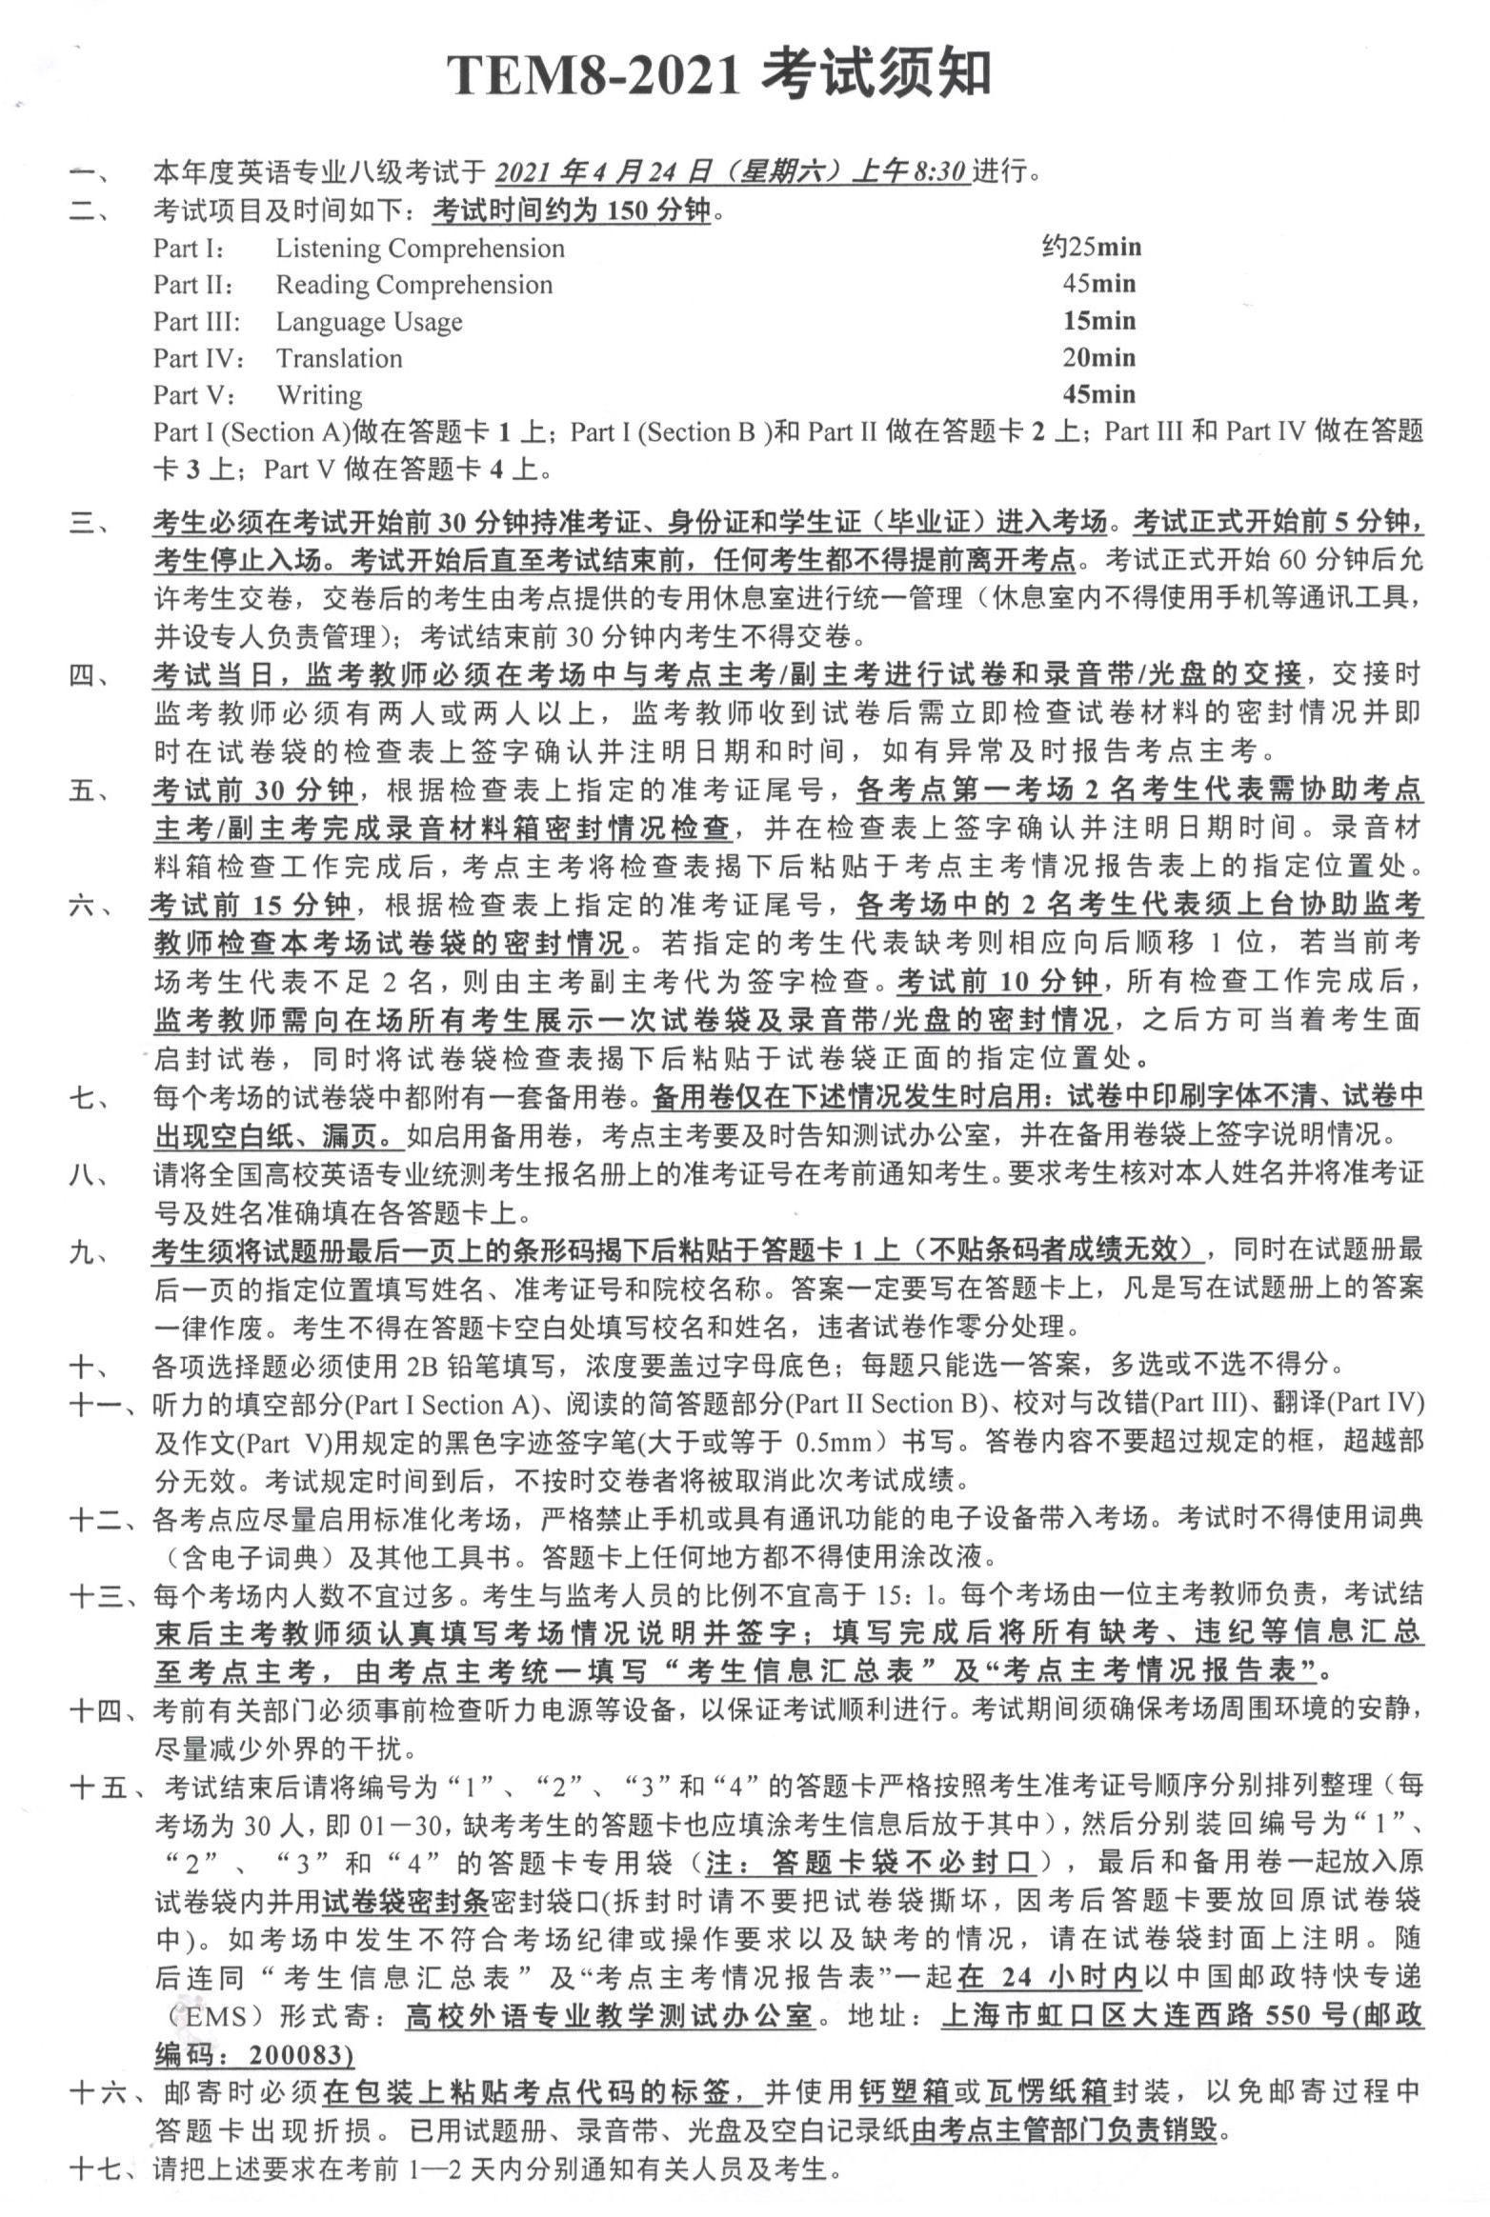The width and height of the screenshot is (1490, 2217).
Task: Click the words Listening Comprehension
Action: coord(419,249)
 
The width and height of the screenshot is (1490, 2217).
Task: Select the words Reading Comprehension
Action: coord(413,285)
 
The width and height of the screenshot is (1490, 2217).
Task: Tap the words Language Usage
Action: coord(369,322)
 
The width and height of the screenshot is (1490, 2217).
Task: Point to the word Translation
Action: coord(339,359)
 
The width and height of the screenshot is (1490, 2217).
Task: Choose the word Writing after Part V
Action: coord(319,395)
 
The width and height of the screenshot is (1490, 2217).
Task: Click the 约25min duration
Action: coord(1091,248)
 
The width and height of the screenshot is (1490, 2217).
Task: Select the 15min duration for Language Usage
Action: coord(1099,321)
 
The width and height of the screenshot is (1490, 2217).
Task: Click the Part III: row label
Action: coord(197,322)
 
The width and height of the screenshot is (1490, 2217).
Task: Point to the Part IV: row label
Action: coord(199,359)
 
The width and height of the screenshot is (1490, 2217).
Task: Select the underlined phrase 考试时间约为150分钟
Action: coord(572,210)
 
